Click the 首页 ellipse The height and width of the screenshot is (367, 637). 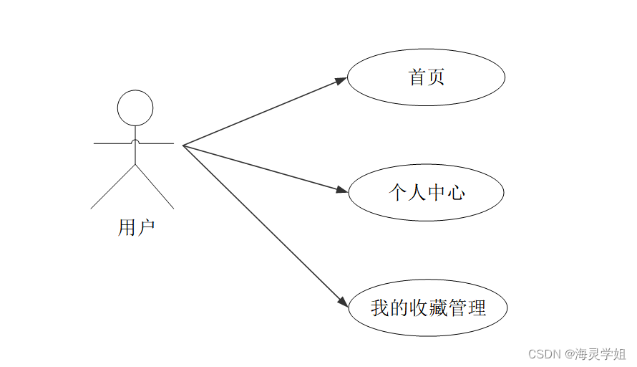[427, 77]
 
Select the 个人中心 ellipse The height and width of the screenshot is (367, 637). [427, 192]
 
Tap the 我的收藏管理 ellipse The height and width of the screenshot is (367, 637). [428, 308]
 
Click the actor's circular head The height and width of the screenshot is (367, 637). [135, 108]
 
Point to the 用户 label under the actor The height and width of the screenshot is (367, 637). [136, 228]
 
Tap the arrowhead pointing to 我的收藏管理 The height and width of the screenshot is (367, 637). [341, 303]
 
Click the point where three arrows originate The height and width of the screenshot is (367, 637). [183, 146]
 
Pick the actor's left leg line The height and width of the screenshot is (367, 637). [113, 186]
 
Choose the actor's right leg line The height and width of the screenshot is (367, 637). [155, 186]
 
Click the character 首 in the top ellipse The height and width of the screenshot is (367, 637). [417, 77]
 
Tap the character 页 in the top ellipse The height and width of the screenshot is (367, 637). [436, 77]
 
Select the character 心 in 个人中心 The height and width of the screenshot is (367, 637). [455, 192]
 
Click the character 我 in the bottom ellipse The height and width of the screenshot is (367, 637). [380, 308]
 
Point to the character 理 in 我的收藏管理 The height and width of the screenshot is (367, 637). [477, 308]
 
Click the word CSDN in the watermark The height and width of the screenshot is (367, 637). [543, 354]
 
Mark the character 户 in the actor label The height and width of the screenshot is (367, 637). [146, 228]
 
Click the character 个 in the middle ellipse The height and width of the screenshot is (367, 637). [398, 192]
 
